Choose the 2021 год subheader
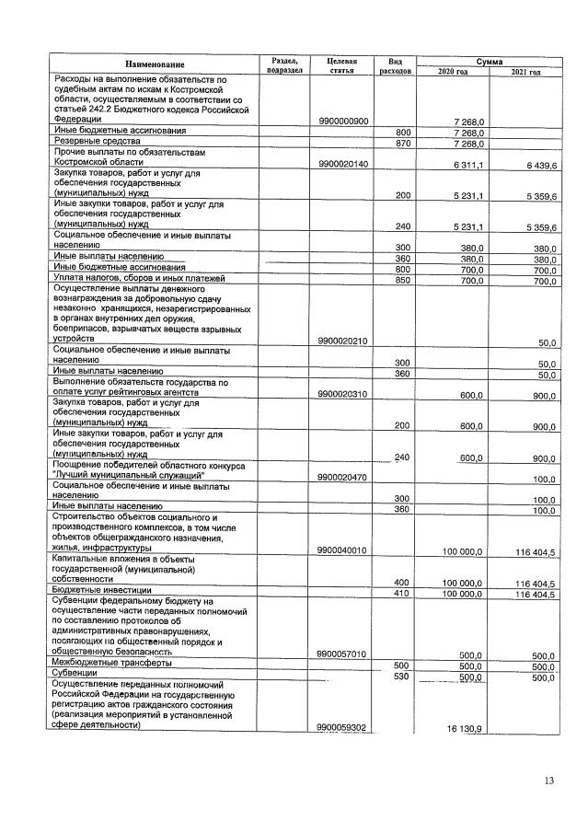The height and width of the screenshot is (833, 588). (525, 71)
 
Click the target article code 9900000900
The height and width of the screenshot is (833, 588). (342, 121)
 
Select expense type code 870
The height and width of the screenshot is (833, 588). (402, 144)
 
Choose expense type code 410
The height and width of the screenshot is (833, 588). (402, 594)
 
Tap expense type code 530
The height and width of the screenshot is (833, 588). (402, 677)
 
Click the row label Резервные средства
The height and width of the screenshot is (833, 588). (96, 144)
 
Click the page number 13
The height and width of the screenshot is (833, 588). (548, 781)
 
